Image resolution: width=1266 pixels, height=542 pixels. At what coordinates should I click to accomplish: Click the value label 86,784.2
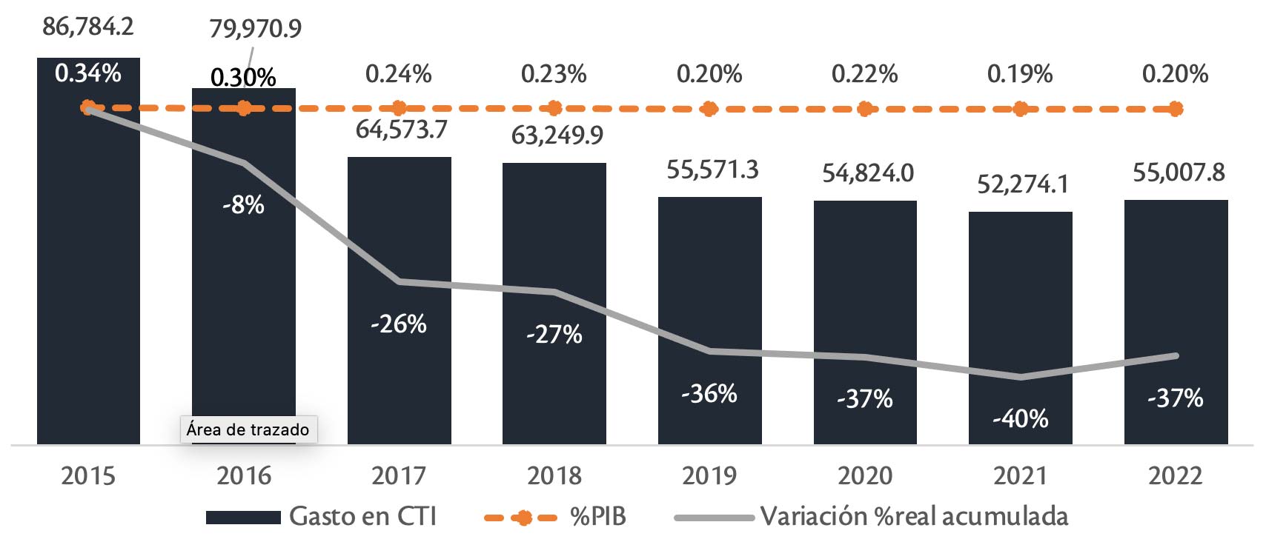pos(88,27)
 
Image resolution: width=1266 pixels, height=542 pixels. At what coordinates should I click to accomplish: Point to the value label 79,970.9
pos(255,29)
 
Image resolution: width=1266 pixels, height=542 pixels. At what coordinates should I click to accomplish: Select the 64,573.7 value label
pos(402,130)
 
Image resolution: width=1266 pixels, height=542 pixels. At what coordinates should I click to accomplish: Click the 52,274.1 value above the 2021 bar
pos(1023,184)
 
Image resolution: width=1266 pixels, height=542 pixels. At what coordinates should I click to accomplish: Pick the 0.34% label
pos(88,73)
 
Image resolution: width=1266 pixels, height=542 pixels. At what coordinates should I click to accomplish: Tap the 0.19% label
pos(1020,74)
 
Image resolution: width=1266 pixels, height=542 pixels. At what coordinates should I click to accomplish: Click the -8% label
pos(243,205)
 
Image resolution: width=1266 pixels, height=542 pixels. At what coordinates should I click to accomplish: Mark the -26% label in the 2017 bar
pos(399,324)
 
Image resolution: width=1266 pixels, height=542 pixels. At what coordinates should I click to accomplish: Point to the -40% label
pos(1020,419)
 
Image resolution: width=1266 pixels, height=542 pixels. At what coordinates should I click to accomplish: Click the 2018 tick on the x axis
pos(554,475)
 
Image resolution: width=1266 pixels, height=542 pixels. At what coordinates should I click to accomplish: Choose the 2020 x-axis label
pos(865,475)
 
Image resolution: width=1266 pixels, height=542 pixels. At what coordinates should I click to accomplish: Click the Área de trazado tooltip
pos(248,429)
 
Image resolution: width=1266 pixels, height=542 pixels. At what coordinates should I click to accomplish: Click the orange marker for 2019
pos(709,109)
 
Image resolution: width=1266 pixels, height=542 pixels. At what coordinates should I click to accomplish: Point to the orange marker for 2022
pos(1176,109)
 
